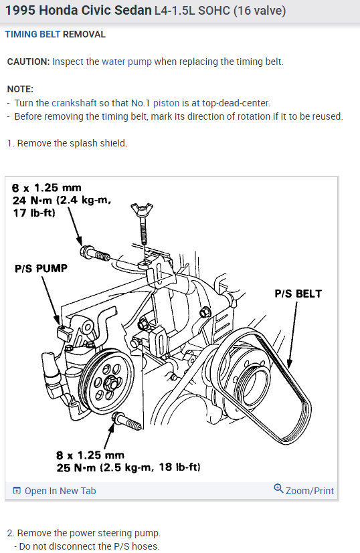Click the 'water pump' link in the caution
pos(126,62)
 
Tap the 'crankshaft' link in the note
pos(74,103)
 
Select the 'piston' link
pos(166,104)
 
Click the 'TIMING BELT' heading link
pos(33,34)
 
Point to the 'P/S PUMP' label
pos(41,268)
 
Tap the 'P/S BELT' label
pos(298,294)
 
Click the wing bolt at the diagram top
pos(142,223)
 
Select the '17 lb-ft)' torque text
pos(34,213)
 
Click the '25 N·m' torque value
pos(76,467)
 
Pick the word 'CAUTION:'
pos(29,62)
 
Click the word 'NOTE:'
pos(20,89)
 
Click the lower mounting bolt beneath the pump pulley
pos(126,421)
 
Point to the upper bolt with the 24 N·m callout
pos(95,253)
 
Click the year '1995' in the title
pos(21,11)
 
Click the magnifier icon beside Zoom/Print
pos(278,488)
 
